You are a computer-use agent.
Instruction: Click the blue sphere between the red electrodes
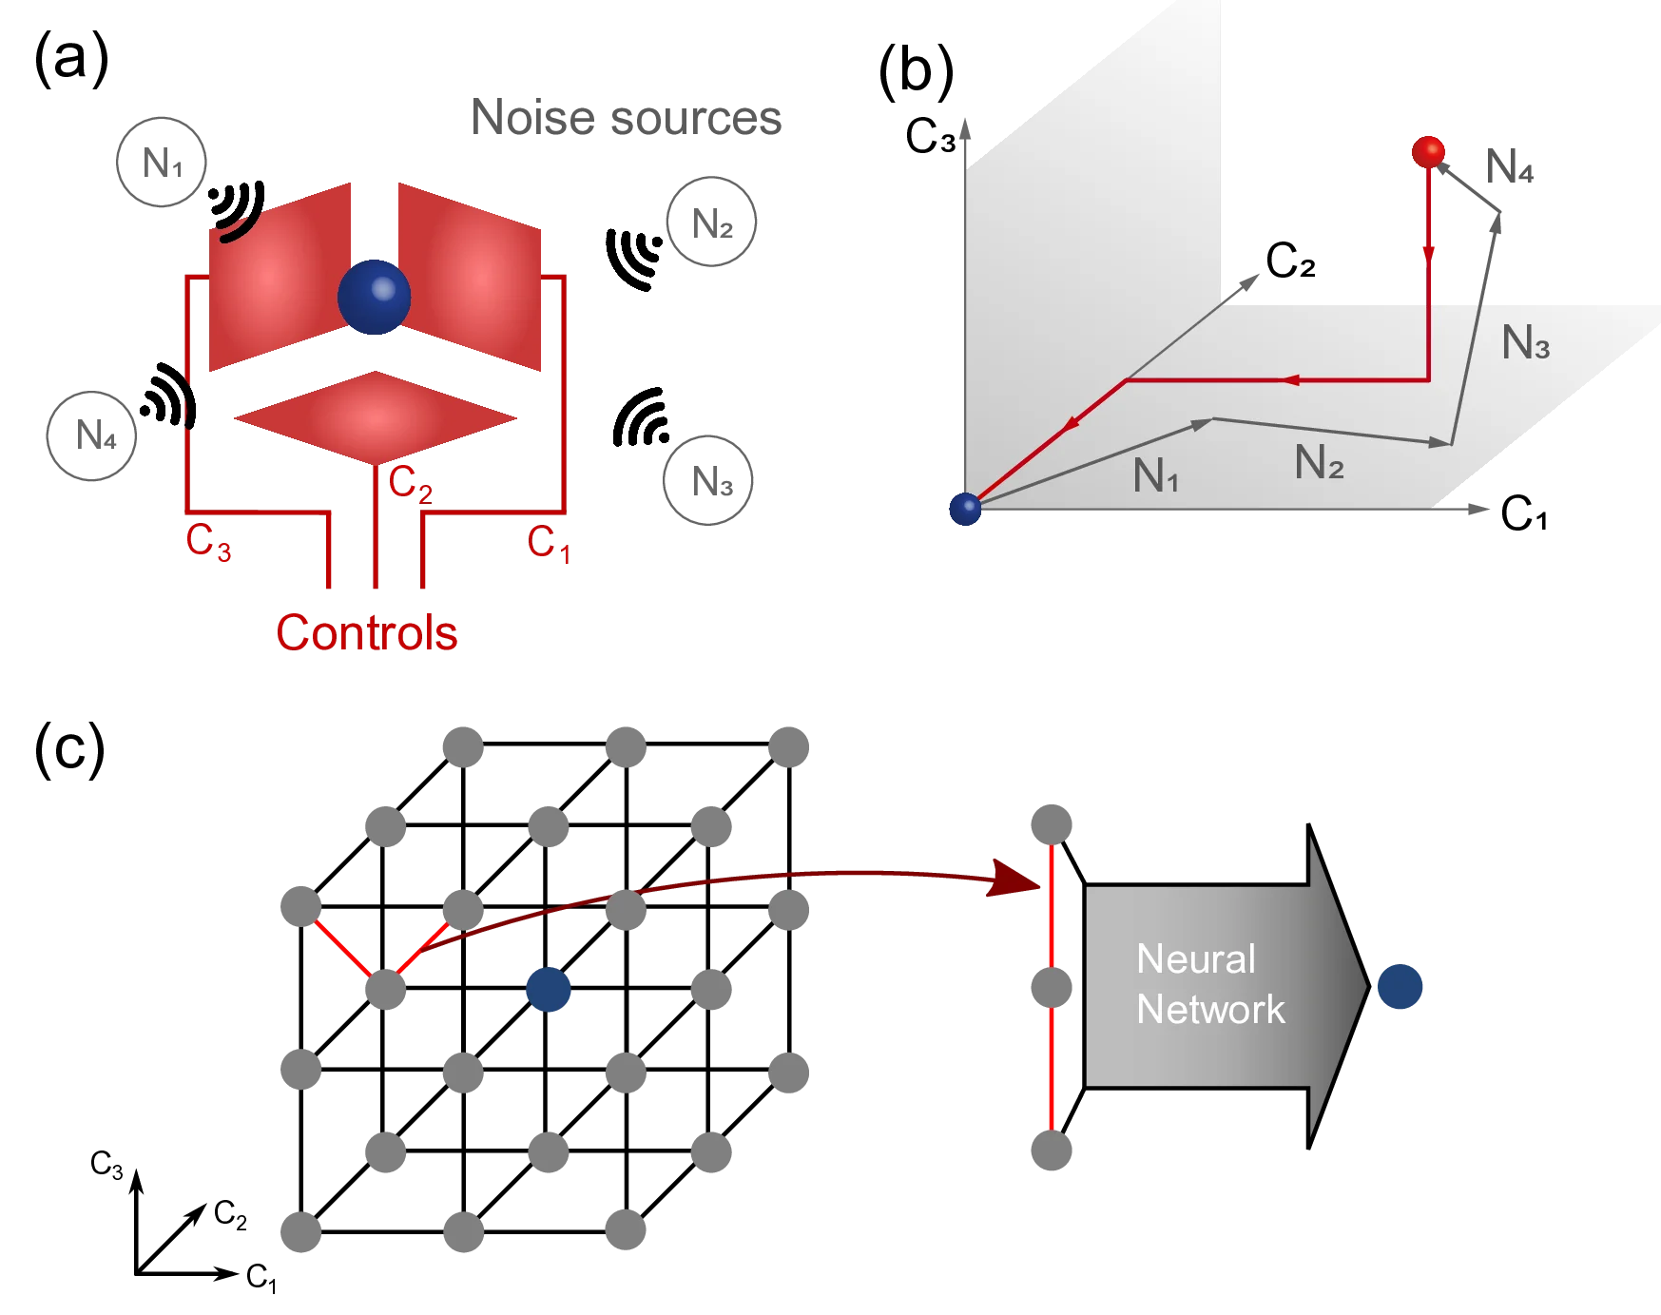coord(374,297)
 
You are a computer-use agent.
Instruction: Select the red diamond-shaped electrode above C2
coord(373,417)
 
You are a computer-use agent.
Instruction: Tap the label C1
coord(548,546)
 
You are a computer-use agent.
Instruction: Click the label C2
coord(410,484)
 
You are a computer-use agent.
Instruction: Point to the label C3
coord(207,542)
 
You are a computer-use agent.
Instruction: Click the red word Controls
coord(366,633)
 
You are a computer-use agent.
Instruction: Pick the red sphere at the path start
coord(1427,151)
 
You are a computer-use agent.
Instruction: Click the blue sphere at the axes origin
coord(965,509)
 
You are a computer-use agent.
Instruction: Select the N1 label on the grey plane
coord(1155,475)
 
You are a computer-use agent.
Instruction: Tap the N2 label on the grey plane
coord(1319,463)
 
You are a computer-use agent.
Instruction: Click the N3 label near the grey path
coord(1525,342)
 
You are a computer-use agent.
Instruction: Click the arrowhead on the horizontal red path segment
coord(1290,380)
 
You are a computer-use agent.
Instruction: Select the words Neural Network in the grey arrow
coord(1209,984)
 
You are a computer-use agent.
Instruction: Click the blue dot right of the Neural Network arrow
coord(1401,986)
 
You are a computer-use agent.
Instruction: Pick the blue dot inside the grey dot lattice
coord(548,989)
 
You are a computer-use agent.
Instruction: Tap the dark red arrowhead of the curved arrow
coord(1014,878)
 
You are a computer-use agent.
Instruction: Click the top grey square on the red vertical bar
coord(1050,822)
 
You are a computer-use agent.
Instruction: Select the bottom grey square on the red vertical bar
coord(1050,1150)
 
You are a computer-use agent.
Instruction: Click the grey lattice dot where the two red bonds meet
coord(387,989)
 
